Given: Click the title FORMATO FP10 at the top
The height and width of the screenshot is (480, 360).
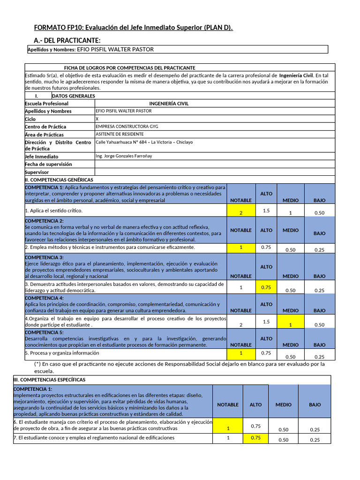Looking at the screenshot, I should (134, 28).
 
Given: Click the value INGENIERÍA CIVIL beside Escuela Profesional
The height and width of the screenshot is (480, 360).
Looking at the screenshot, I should (169, 104).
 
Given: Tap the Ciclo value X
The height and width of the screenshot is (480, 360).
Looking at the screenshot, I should (97, 119).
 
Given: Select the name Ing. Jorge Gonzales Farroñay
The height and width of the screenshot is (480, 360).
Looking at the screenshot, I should (123, 156).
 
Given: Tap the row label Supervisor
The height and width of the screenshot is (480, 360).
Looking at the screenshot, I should (37, 172).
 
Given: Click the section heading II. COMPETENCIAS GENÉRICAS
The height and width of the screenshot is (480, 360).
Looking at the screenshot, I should (59, 180).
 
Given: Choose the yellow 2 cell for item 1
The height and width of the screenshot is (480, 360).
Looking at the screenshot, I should (241, 212).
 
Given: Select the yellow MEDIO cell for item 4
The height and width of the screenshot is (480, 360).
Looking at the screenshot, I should (291, 322).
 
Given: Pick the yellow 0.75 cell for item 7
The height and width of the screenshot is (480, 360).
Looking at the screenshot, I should (256, 438).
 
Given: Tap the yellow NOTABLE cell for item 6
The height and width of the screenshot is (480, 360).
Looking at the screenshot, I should (228, 426).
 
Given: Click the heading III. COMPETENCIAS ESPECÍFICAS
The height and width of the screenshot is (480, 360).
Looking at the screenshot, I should (49, 380).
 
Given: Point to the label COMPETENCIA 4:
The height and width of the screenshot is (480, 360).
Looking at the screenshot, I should (44, 298).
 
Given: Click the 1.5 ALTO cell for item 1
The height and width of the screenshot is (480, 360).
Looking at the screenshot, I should (266, 211).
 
